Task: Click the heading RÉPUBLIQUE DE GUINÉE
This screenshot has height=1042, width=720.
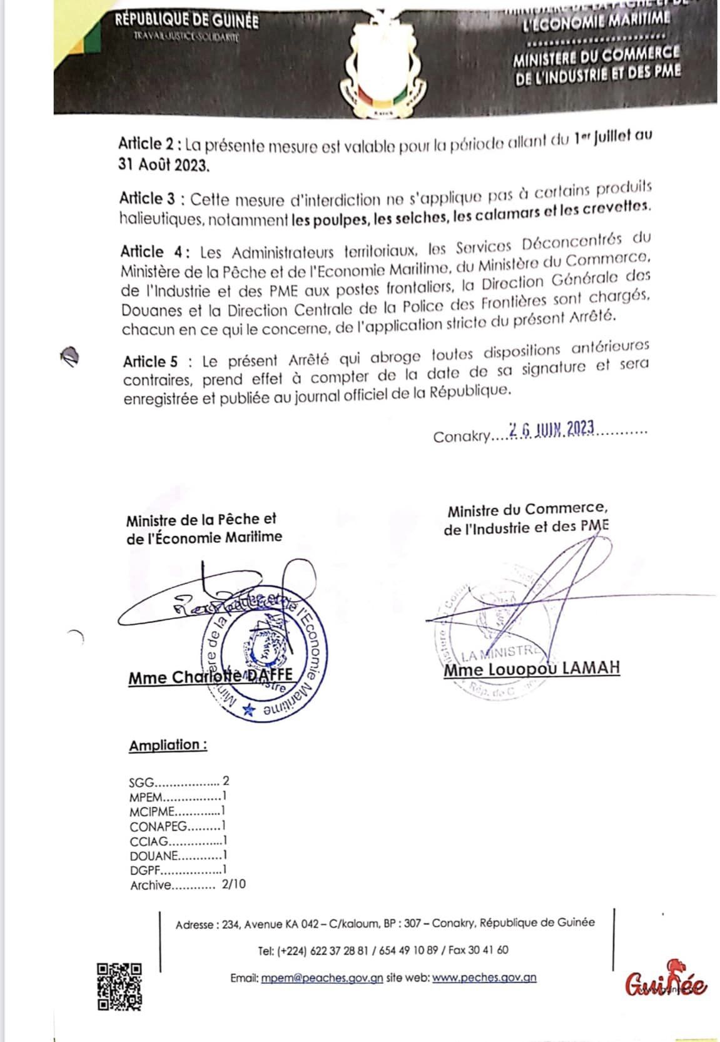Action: pos(186,21)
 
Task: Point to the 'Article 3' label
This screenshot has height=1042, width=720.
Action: pos(150,199)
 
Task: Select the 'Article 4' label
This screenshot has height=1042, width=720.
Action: pos(151,252)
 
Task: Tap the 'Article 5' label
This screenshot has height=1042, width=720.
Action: pos(150,362)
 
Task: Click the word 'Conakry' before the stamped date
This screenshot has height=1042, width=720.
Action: pos(461,437)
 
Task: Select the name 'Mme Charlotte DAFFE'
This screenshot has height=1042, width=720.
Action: pos(210,677)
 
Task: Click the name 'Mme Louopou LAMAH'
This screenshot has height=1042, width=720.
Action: pos(532,668)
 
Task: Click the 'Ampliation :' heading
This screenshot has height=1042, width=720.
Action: pos(168,745)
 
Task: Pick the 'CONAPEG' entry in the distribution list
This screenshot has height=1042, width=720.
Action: pos(158,826)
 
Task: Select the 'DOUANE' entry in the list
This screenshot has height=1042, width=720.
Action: pos(154,855)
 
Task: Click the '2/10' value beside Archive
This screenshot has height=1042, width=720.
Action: pos(233,884)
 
